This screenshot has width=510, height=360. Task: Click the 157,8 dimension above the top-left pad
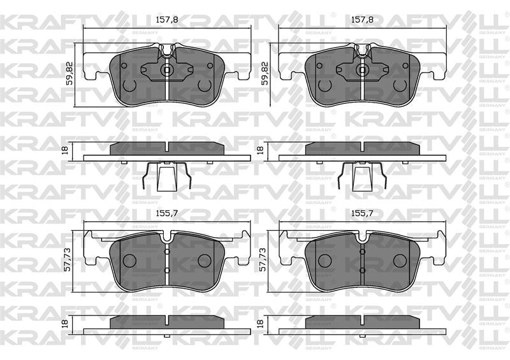(x=167, y=20)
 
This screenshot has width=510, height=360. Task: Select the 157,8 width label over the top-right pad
(x=362, y=20)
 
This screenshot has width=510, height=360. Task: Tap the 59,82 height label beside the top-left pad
(x=69, y=73)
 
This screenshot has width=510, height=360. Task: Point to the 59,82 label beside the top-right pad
(x=265, y=73)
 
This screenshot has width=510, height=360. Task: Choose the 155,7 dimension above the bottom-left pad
(x=167, y=213)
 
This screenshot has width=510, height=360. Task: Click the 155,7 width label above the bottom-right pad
(x=362, y=213)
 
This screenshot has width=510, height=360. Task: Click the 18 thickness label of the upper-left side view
(x=65, y=150)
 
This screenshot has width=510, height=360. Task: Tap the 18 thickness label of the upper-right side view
(x=260, y=150)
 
